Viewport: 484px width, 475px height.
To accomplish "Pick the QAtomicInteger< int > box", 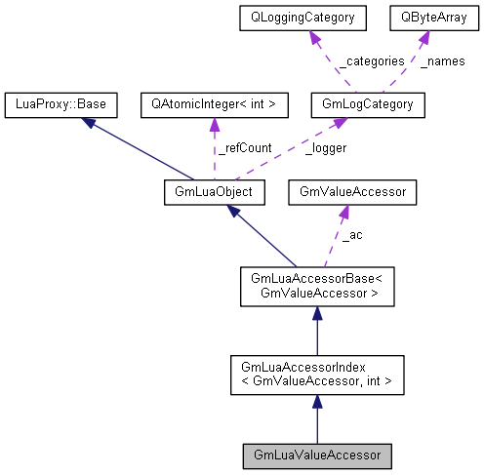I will (214, 102).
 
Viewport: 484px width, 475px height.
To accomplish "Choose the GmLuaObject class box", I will (208, 192).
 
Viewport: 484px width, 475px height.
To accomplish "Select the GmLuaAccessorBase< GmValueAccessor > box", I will (317, 288).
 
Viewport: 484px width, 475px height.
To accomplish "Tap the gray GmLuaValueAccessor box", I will (317, 455).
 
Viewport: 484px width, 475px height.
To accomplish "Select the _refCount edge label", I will (242, 148).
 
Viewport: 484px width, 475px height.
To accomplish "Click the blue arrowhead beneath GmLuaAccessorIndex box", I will (317, 402).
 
